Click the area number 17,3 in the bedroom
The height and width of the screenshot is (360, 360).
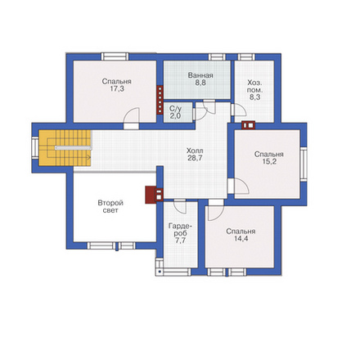point(117,89)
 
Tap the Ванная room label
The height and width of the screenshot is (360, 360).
point(200,75)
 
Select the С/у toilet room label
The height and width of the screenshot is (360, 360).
point(175,109)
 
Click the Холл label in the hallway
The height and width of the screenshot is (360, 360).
point(195,151)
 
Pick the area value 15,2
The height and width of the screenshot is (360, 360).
point(269,162)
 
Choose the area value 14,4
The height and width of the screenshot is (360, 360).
point(241,239)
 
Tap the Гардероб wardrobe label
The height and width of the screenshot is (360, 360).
point(180,230)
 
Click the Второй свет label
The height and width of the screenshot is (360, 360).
point(110,207)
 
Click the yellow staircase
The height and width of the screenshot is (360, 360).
point(65,148)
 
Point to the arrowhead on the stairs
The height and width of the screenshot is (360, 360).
point(88,157)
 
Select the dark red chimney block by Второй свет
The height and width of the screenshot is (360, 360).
point(151,195)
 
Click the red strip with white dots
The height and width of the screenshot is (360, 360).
point(160,100)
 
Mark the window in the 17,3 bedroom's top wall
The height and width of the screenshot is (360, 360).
point(115,56)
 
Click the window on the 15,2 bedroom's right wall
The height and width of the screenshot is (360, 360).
point(304,164)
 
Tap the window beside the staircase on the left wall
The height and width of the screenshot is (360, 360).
point(35,148)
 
